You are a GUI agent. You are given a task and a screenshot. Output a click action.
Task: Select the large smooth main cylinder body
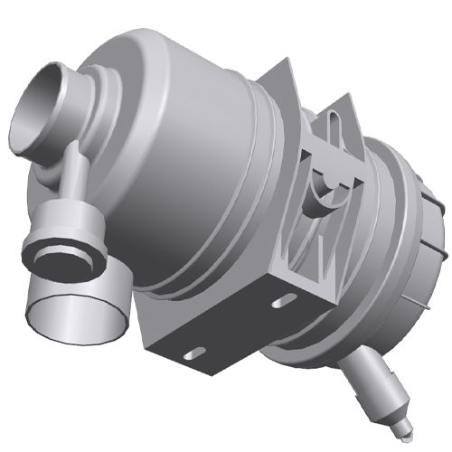[x=190, y=163]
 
